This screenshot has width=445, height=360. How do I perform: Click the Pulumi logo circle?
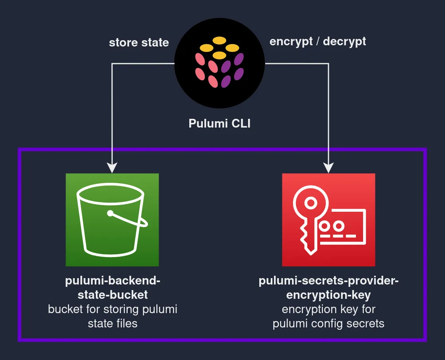[x=220, y=63]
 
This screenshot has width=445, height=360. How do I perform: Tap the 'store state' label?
[x=139, y=43]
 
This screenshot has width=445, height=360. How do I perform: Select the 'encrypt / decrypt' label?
[x=318, y=41]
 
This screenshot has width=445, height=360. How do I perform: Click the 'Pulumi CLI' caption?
[x=220, y=124]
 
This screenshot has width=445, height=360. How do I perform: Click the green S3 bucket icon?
[x=112, y=220]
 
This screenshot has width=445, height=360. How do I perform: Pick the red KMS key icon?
[x=328, y=220]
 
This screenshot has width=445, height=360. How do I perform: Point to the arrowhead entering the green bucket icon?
[x=112, y=168]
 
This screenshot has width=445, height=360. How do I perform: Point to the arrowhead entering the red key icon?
[x=328, y=168]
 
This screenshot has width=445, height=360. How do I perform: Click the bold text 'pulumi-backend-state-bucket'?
[x=113, y=288]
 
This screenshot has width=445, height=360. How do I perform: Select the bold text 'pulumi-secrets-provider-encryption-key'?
[x=328, y=288]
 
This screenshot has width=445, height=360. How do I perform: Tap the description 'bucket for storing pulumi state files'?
[x=113, y=316]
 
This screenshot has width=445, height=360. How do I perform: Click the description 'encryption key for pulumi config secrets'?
[x=328, y=316]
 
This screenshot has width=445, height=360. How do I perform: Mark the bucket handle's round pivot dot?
[x=110, y=214]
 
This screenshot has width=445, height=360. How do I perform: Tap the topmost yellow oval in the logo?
[x=219, y=40]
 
